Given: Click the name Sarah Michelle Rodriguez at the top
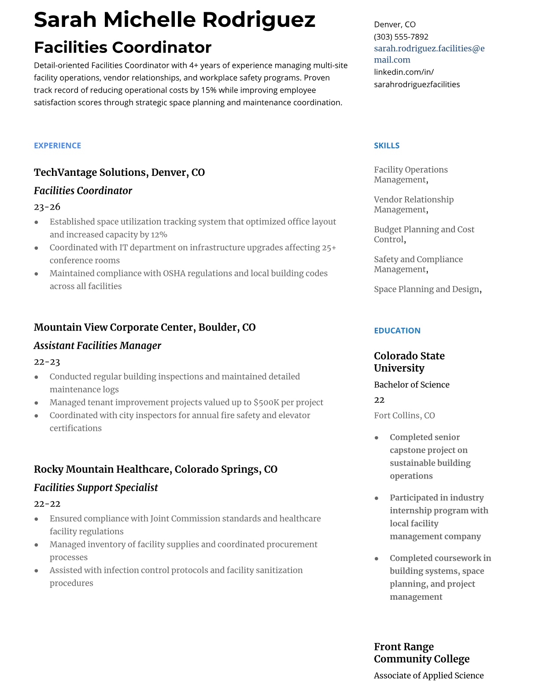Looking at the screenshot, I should click(x=174, y=20).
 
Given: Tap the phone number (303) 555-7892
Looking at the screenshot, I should click(x=401, y=37).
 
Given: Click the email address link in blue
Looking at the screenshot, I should click(x=429, y=54).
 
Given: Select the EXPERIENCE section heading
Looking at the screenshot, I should click(x=57, y=145).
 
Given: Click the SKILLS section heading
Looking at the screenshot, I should click(x=387, y=145).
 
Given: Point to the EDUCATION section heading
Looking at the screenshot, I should click(x=397, y=330).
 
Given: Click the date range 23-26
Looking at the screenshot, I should click(x=47, y=207).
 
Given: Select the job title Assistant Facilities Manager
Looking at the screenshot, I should click(x=97, y=345).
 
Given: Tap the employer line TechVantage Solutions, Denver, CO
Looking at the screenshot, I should click(x=119, y=172).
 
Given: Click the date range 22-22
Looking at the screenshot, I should click(x=47, y=504).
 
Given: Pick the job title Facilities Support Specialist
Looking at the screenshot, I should click(x=96, y=487).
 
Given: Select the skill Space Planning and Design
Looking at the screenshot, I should click(x=426, y=289).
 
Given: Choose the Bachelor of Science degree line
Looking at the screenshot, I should click(x=411, y=385).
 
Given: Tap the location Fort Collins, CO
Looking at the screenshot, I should click(x=404, y=416).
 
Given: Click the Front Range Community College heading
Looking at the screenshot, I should click(x=421, y=653).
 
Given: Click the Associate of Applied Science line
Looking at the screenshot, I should click(x=428, y=676).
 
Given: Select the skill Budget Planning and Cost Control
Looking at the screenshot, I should click(x=424, y=234).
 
